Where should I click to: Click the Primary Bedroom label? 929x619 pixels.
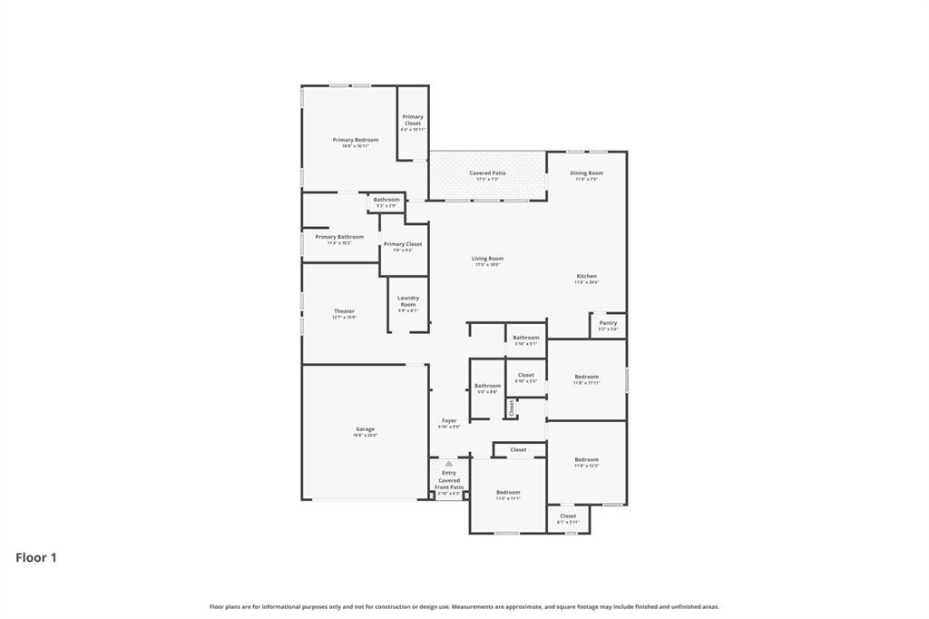[355, 140]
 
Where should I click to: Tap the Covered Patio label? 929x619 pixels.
[487, 173]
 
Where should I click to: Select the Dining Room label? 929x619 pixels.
[586, 173]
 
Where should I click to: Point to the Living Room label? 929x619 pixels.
[487, 260]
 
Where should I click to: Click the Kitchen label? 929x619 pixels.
[586, 277]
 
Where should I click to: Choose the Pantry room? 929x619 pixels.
[608, 324]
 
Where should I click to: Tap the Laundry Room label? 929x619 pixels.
[408, 301]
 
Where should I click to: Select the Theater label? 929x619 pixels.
[344, 312]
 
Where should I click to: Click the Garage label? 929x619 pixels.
[365, 429]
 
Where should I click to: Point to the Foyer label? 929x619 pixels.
[449, 421]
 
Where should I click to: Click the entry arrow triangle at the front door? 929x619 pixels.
[448, 464]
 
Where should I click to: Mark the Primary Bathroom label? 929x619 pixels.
[339, 237]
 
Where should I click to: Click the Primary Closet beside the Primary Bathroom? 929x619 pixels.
[403, 244]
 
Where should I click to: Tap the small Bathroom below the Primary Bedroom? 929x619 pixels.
[386, 201]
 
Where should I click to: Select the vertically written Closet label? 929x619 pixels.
[512, 409]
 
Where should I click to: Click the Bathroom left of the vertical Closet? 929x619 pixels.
[487, 387]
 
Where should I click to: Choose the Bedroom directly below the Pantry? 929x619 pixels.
[586, 378]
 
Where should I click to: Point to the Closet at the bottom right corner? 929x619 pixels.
[568, 517]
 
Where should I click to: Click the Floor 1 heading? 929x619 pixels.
[36, 558]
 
